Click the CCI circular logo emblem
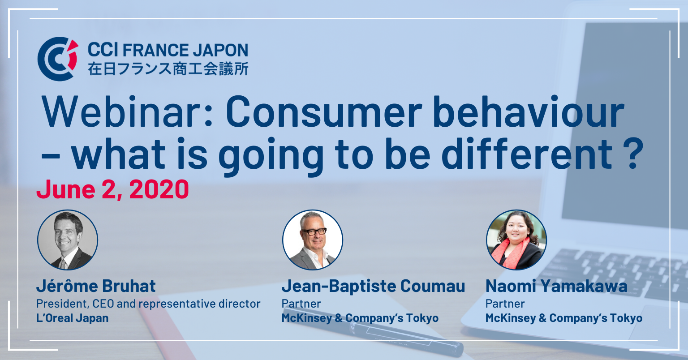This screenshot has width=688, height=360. pos(58,59)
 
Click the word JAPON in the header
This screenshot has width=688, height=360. pos(220,50)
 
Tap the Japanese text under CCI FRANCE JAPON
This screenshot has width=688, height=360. pos(168,69)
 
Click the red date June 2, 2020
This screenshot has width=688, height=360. pos(113,189)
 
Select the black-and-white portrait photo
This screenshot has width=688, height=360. pos(68,240)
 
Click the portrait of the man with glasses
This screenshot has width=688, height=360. pos(313,240)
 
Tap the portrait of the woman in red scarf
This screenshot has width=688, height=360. pos(516,240)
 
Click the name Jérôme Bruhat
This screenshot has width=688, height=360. pos(96,286)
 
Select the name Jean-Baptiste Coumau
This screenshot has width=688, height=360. pos(373,286)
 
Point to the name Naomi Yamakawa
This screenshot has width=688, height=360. pos(557,286)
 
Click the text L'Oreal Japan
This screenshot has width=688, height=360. pos(72,318)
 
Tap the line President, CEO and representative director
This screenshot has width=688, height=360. pos(148,304)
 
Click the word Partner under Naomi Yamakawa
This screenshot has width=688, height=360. pos(505,304)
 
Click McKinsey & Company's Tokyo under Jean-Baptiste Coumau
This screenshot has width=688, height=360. pos(360,318)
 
